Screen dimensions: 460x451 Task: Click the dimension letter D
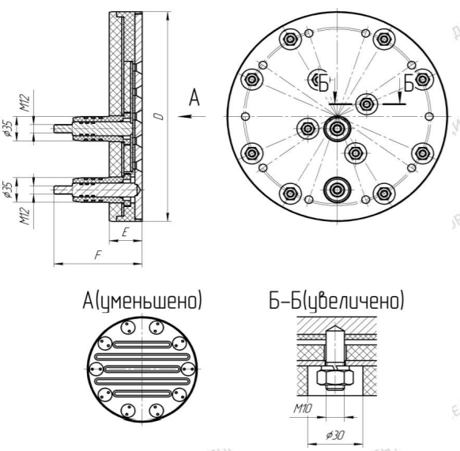[159, 116]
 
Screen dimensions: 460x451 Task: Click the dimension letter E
[125, 232]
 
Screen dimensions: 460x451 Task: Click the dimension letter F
[98, 255]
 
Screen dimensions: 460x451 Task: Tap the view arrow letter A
[194, 98]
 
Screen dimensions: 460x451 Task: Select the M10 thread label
[304, 408]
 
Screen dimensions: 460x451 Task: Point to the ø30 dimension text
[335, 435]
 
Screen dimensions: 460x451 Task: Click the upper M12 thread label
[25, 103]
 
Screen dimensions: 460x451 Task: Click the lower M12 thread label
[25, 216]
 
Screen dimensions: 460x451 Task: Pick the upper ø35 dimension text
[8, 129]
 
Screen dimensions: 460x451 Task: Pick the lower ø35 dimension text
[8, 190]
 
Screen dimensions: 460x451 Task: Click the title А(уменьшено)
[142, 301]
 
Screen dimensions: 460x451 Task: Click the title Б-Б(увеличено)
[337, 301]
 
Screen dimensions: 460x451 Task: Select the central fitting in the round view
[337, 129]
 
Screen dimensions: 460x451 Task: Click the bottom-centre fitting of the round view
[337, 190]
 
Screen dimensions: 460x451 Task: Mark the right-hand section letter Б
[409, 83]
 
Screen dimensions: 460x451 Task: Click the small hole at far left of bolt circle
[245, 116]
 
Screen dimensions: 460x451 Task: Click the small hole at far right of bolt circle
[429, 116]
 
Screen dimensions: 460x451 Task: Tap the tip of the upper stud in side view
[55, 129]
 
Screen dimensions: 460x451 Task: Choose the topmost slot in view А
[142, 344]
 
